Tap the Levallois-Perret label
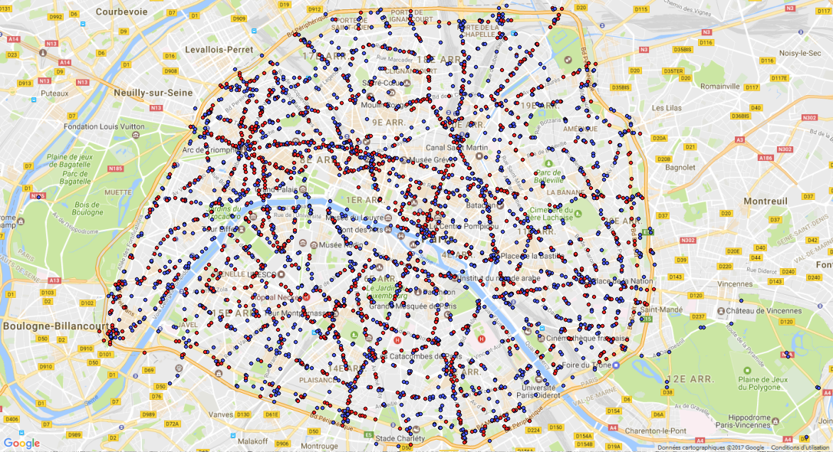coord(219,50)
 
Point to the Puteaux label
coord(54,93)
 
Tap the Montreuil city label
coord(765,200)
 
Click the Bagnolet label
coord(680,167)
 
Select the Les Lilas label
coord(667,108)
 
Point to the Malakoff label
coord(252,441)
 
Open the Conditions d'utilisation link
coord(801,447)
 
